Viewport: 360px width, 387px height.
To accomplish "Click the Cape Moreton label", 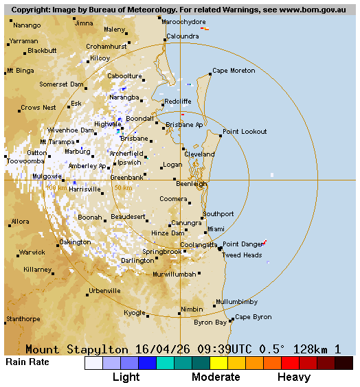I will [x=234, y=71].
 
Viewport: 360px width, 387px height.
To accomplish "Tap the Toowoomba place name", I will [x=25, y=162].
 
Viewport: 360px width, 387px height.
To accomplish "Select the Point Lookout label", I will [x=245, y=132].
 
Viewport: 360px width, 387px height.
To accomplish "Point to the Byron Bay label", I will [x=210, y=322].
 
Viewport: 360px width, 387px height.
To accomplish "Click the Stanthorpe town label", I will [x=23, y=319].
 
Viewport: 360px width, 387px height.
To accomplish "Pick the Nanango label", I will [x=27, y=25].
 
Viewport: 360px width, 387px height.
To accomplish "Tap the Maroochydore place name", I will [x=183, y=22].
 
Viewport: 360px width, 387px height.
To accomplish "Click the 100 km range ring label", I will [x=56, y=187].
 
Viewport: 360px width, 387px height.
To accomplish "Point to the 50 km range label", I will [x=123, y=187].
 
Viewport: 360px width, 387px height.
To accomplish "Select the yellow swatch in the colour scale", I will [x=218, y=363].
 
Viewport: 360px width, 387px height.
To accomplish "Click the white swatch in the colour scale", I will [x=93, y=363].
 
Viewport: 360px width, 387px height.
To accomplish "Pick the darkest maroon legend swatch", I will [x=344, y=363].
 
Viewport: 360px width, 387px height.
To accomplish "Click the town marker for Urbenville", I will [x=87, y=295].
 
